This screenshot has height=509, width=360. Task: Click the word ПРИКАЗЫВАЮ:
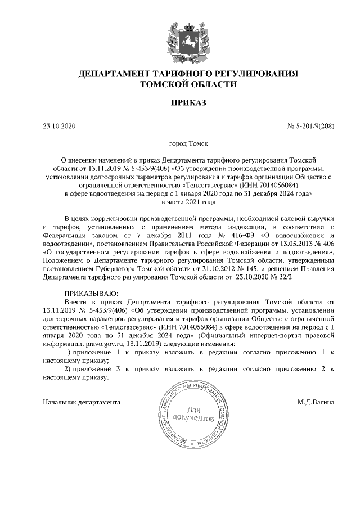[91, 293]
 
